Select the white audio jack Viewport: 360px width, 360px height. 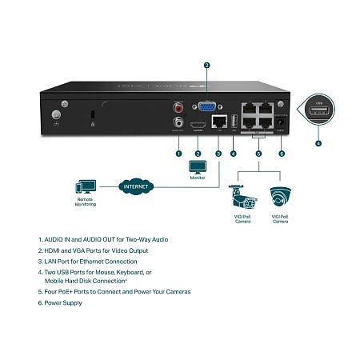click(x=178, y=122)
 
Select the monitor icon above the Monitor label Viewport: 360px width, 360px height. click(x=197, y=166)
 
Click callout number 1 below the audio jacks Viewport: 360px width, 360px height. click(x=178, y=153)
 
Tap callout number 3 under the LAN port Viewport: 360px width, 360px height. click(x=218, y=153)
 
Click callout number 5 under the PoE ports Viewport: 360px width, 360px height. click(x=258, y=153)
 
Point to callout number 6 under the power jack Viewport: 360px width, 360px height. click(x=282, y=153)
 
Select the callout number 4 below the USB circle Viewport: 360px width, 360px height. click(x=318, y=144)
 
